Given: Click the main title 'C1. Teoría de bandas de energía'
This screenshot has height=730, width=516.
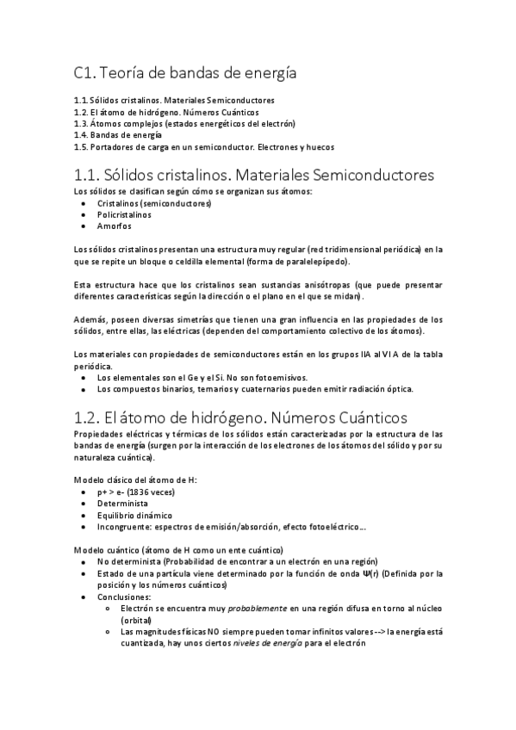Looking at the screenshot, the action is click(x=185, y=74).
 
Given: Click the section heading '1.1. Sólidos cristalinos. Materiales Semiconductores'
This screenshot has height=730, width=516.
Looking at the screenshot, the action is click(x=254, y=175).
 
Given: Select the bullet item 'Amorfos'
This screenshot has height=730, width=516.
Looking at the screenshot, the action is click(x=115, y=226).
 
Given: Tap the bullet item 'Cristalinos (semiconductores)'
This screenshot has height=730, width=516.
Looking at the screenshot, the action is click(x=154, y=202).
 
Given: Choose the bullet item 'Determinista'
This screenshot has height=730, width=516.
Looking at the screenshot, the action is click(x=122, y=504).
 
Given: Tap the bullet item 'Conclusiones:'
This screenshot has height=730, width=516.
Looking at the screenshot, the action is click(x=124, y=597).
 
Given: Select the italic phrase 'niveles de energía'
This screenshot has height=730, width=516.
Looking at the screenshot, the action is click(x=271, y=643).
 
